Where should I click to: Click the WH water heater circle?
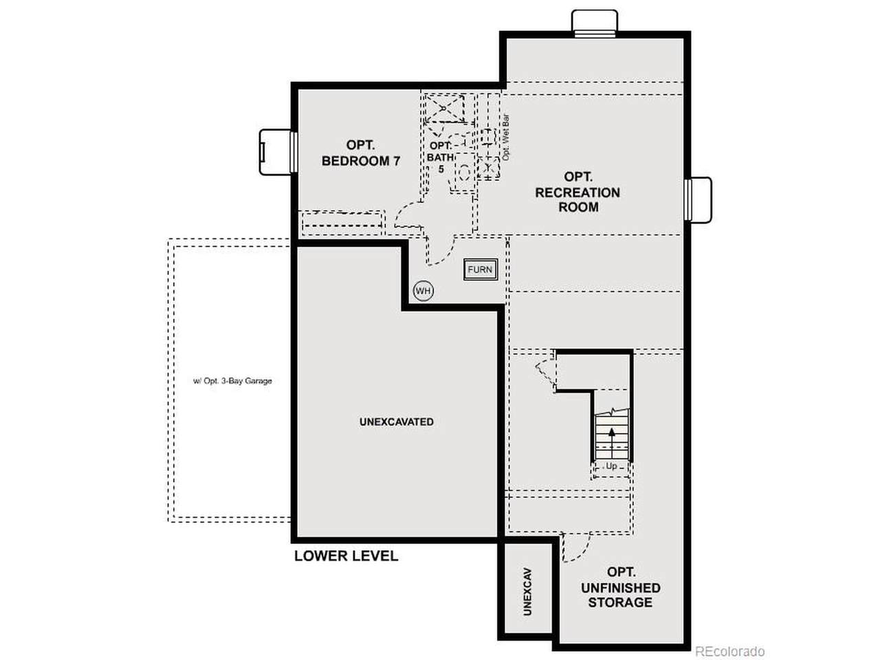(x=423, y=291)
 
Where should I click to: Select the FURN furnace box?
(x=481, y=269)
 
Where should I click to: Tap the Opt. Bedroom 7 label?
(x=360, y=153)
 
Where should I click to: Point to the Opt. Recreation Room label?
(x=577, y=192)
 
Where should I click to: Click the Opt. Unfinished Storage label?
(x=620, y=587)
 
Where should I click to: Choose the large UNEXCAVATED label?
(x=396, y=421)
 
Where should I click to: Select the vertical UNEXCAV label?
(x=527, y=591)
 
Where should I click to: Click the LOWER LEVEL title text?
(x=346, y=555)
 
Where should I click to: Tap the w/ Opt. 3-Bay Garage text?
(x=232, y=381)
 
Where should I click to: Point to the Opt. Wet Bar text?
(x=505, y=137)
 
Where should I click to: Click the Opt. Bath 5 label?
(x=441, y=157)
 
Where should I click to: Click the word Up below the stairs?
(x=611, y=466)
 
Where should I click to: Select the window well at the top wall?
(x=595, y=23)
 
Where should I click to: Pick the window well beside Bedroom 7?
(x=278, y=152)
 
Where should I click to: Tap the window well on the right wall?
(x=698, y=199)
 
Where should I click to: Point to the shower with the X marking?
(x=444, y=108)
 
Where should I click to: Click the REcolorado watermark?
(x=729, y=651)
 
